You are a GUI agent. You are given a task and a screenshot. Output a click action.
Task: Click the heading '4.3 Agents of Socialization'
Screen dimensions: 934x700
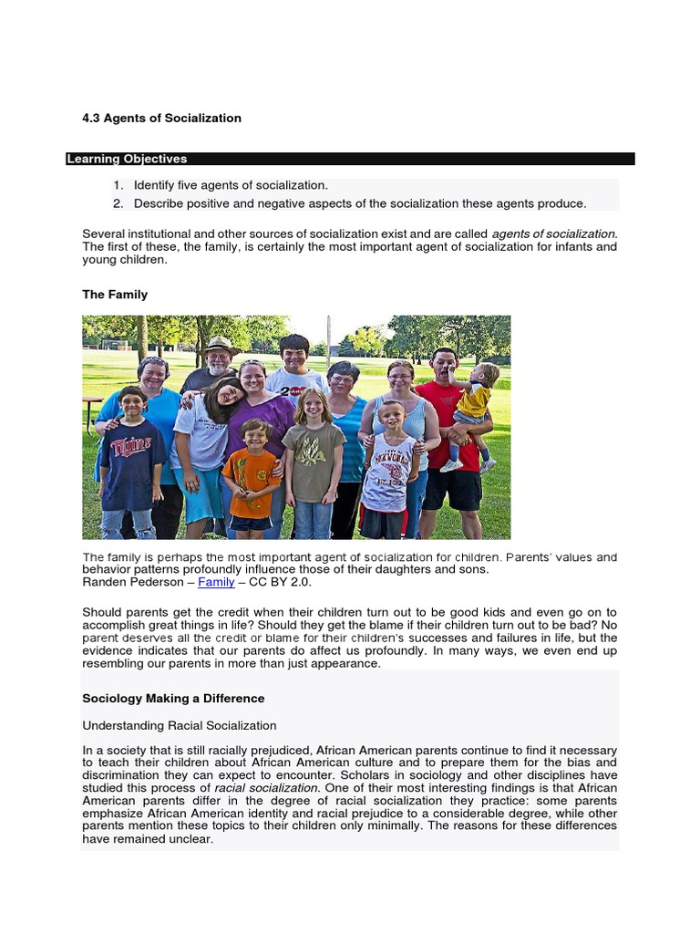pos(161,118)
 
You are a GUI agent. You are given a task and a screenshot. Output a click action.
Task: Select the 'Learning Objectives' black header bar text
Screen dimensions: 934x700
pos(127,159)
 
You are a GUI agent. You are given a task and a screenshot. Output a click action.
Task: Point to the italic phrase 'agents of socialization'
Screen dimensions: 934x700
pos(553,234)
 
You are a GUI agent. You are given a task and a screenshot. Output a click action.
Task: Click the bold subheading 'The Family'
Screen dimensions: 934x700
pos(115,295)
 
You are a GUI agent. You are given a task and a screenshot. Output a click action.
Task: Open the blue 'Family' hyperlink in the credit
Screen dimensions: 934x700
pos(216,582)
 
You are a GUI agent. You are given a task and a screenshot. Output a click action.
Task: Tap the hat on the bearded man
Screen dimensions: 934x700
pos(219,346)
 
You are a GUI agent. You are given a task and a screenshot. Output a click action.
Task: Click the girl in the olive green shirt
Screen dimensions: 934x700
pos(312,456)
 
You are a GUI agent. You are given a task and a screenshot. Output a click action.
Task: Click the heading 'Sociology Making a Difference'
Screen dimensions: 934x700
pos(173,698)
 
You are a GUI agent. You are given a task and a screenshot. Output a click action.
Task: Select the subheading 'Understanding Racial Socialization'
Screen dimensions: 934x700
pos(179,725)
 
